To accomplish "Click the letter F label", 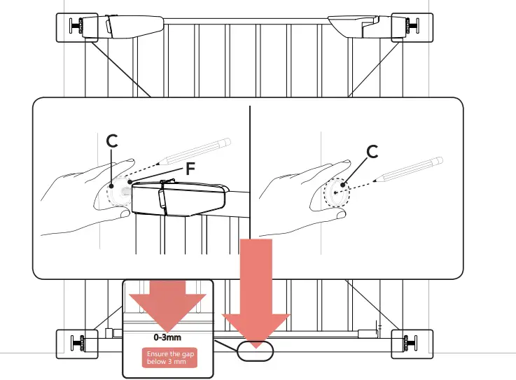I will pyautogui.click(x=188, y=168).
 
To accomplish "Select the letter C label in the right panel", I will pyautogui.click(x=372, y=150).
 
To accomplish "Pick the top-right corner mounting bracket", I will pyautogui.click(x=410, y=27).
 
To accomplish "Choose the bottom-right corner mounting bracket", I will pyautogui.click(x=410, y=343).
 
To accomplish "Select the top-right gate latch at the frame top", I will pyautogui.click(x=357, y=27).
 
